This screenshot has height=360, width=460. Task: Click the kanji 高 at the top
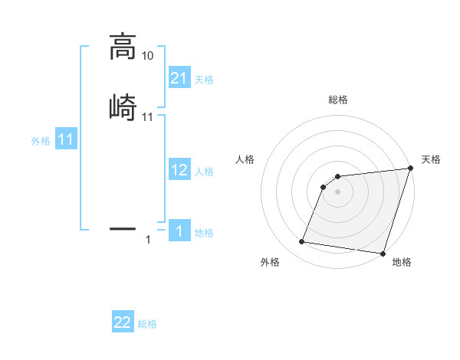[123, 47]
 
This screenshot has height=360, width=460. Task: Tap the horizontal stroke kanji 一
[123, 228]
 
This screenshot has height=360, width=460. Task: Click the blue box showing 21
[179, 77]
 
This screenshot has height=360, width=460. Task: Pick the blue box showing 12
[179, 170]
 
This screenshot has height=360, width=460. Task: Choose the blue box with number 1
[179, 231]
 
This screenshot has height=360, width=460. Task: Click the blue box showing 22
[123, 322]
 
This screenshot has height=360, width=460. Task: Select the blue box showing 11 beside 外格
[66, 140]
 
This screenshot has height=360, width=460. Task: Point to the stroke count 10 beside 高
[148, 56]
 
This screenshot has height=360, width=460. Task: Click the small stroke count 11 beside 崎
[148, 117]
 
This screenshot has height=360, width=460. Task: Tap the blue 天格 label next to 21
[204, 79]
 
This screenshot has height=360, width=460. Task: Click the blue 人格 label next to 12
[204, 172]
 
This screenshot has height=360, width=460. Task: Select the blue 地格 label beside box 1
[204, 233]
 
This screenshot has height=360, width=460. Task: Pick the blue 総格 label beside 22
[147, 324]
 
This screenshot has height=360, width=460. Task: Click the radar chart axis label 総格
[338, 100]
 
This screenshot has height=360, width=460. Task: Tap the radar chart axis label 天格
[431, 159]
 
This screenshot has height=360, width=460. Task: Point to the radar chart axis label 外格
[270, 263]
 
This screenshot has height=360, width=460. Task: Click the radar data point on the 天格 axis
[410, 169]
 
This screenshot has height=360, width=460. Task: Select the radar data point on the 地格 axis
[382, 253]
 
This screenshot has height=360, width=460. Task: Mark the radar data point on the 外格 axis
[302, 242]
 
